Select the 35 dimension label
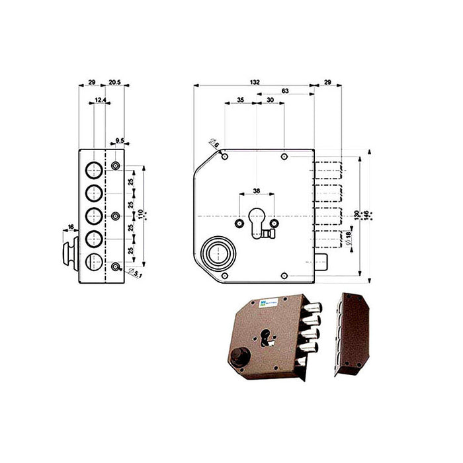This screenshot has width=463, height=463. point(239,99)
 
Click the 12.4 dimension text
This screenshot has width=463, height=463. point(99,99)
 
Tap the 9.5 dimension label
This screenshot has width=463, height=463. point(120,140)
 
